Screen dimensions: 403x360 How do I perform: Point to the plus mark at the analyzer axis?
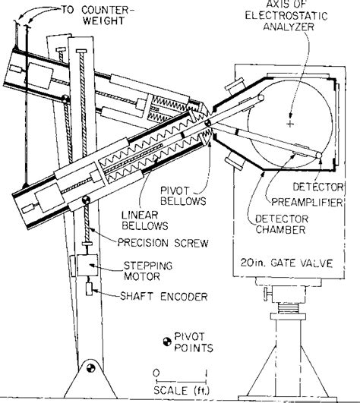pyautogui.click(x=289, y=122)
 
